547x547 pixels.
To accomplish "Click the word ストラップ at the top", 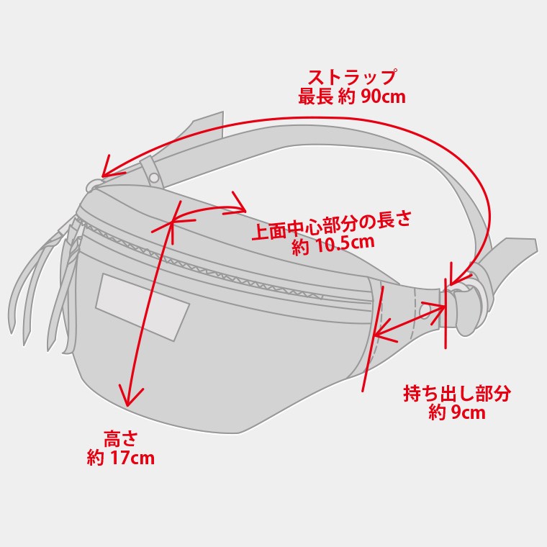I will click(352, 77).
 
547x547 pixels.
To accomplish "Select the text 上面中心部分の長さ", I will click(331, 225).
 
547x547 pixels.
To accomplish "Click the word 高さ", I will click(120, 438).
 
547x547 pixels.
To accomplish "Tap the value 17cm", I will click(132, 458).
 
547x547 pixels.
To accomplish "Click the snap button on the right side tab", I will click(425, 311).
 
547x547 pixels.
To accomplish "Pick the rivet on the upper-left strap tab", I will click(154, 177).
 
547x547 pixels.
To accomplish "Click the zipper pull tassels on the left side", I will click(36, 288).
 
